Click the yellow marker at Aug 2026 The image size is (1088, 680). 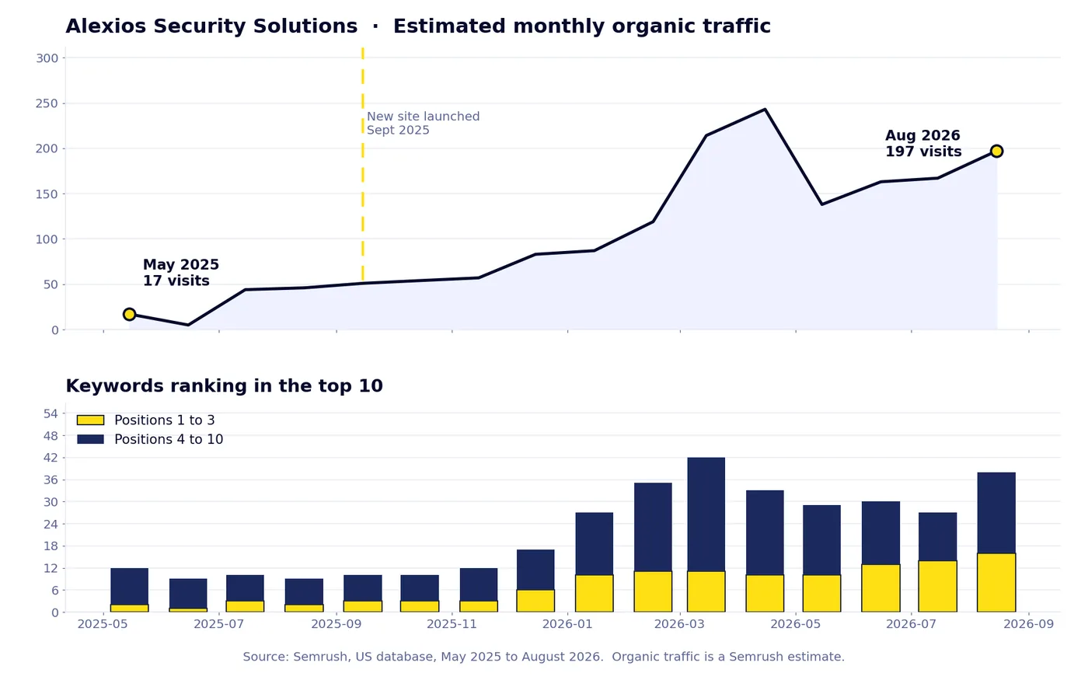(x=996, y=152)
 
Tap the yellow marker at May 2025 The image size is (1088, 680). (x=129, y=314)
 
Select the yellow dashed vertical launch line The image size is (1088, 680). (x=363, y=164)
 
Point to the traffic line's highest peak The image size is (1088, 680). (x=765, y=110)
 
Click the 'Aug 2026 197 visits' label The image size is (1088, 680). (x=923, y=143)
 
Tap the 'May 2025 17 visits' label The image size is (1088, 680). (x=180, y=273)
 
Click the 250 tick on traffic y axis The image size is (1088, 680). (x=47, y=103)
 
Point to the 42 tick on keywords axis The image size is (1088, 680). (x=51, y=458)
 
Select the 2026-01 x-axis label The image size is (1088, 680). (x=567, y=624)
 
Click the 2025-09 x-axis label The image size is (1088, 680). (x=336, y=624)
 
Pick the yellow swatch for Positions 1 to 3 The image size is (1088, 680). (x=90, y=420)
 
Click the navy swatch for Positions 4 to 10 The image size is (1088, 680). (x=90, y=439)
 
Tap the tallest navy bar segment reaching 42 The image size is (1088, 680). (x=706, y=514)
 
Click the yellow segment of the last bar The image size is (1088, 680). (x=996, y=583)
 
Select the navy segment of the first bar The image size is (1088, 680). (x=129, y=587)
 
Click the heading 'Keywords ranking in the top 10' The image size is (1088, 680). (x=225, y=386)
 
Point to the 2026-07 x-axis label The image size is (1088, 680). (x=911, y=624)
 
